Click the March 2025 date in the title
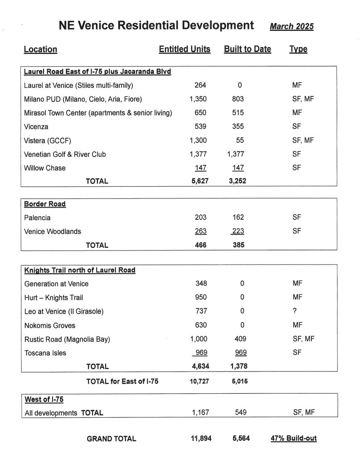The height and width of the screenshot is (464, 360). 292,26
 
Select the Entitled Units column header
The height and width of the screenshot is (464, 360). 185,49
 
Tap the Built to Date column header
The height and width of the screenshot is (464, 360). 247,49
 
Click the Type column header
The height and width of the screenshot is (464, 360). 298,49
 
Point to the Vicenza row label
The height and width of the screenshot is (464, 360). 36,126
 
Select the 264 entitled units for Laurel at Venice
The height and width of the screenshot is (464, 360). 200,85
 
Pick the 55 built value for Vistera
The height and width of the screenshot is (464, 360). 239,140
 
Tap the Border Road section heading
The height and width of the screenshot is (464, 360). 44,204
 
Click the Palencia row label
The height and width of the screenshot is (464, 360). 37,218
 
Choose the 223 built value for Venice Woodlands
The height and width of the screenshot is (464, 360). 238,232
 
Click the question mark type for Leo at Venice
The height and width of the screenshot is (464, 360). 295,311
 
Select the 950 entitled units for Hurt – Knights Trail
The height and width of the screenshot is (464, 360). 200,298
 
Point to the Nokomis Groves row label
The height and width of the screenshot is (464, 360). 49,325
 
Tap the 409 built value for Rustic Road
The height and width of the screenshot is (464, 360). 237,339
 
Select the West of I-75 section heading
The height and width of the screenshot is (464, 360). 44,399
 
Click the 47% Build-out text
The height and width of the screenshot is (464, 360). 294,438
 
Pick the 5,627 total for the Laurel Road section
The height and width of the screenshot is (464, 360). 198,181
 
